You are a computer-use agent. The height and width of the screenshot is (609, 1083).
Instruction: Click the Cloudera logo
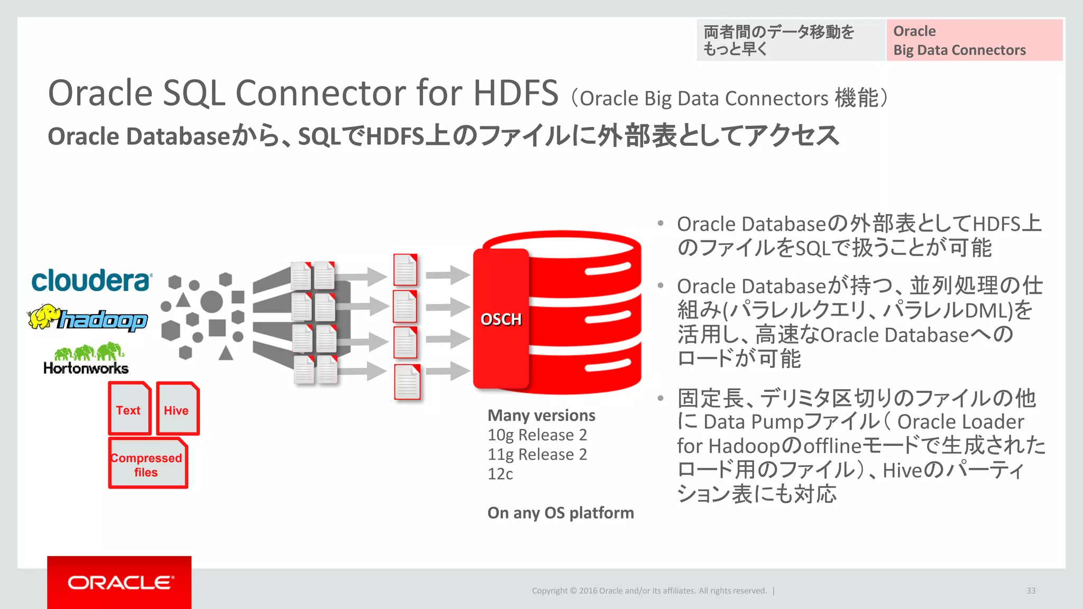pyautogui.click(x=91, y=280)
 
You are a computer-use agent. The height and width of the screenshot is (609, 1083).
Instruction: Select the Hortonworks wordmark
pyautogui.click(x=86, y=368)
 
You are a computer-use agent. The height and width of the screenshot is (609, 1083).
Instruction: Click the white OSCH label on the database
pyautogui.click(x=501, y=319)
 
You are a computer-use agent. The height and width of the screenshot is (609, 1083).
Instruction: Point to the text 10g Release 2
pyautogui.click(x=537, y=435)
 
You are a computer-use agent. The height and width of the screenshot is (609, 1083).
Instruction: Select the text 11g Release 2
pyautogui.click(x=537, y=455)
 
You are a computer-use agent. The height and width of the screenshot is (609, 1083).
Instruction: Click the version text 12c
pyautogui.click(x=500, y=474)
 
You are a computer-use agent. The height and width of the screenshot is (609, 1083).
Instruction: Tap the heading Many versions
pyautogui.click(x=541, y=416)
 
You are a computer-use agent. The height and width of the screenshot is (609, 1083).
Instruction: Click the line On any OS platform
pyautogui.click(x=561, y=513)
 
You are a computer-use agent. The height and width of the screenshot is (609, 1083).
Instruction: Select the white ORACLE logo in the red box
pyautogui.click(x=120, y=583)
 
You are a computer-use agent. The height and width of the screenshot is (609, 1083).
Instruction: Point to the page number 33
pyautogui.click(x=1031, y=590)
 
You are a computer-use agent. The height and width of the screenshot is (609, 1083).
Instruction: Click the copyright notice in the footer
pyautogui.click(x=649, y=590)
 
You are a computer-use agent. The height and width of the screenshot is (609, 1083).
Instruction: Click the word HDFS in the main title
pyautogui.click(x=516, y=93)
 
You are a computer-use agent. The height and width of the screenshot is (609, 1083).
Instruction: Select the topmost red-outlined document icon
pyautogui.click(x=405, y=270)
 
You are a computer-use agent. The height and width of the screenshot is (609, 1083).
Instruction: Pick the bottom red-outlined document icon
pyautogui.click(x=407, y=382)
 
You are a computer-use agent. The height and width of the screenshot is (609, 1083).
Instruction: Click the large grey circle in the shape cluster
pyautogui.click(x=212, y=301)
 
